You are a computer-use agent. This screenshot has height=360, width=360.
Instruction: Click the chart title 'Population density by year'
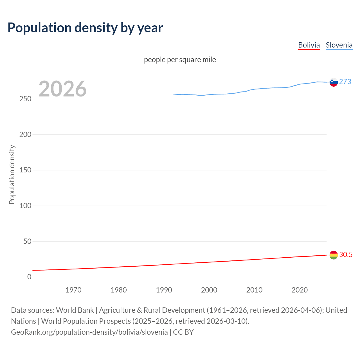[x=85, y=28]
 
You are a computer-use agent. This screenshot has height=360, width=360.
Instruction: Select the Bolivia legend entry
[x=309, y=45]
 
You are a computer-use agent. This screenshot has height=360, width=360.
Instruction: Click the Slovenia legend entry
[x=339, y=45]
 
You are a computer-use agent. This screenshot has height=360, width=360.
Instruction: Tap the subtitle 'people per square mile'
[x=180, y=60]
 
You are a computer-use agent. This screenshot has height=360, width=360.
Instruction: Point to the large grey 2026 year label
[x=62, y=89]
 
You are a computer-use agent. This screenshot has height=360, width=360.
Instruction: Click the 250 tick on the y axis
[x=25, y=99]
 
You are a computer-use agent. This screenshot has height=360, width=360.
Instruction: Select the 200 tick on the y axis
[x=25, y=134]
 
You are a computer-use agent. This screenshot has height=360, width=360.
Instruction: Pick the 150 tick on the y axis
[x=25, y=170]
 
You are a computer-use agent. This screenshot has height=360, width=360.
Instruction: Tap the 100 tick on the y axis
[x=25, y=206]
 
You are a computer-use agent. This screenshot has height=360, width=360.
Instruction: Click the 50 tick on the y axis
[x=27, y=241]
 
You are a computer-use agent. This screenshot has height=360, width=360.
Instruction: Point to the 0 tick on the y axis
[x=29, y=277]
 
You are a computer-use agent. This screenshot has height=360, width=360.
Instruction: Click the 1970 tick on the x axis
[x=73, y=290]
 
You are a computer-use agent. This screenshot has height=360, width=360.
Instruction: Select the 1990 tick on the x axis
[x=164, y=290]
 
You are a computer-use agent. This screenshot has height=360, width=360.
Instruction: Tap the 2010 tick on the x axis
[x=254, y=290]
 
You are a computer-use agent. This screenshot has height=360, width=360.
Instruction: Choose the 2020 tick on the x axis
[x=300, y=290]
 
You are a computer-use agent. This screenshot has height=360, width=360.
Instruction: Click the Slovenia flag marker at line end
[x=334, y=82]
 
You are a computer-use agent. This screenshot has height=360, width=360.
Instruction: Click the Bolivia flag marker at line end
[x=334, y=255]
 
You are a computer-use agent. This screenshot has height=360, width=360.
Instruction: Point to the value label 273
[x=345, y=82]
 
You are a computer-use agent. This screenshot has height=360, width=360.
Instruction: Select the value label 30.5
[x=346, y=255]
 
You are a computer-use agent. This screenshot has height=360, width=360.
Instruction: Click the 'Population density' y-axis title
[x=12, y=174]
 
